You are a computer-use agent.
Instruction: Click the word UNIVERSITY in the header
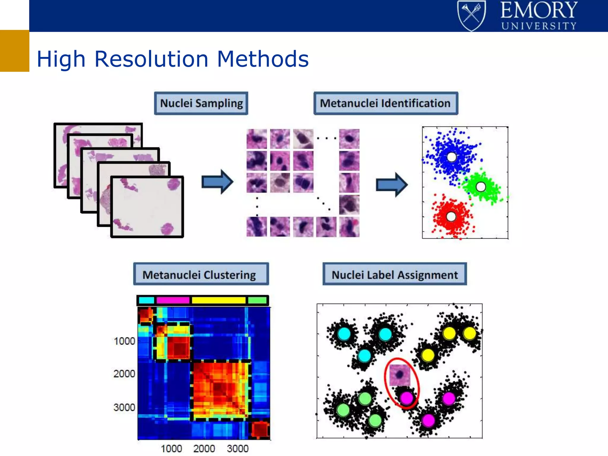(x=539, y=26)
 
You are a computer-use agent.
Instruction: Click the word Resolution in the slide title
(x=151, y=59)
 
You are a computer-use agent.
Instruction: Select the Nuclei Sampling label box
(x=201, y=103)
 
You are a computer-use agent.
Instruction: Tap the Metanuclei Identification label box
(x=385, y=103)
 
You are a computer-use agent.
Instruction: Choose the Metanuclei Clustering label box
(x=201, y=274)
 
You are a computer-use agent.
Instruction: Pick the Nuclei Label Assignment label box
(x=395, y=274)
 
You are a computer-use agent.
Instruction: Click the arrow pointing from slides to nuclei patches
(x=217, y=182)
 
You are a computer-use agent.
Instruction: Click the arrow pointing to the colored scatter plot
(x=392, y=185)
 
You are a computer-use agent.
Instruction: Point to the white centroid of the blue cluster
(x=452, y=157)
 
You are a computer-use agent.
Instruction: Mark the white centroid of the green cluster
(x=481, y=187)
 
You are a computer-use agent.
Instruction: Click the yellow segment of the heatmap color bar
(x=218, y=300)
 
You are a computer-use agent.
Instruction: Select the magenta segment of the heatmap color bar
(x=173, y=300)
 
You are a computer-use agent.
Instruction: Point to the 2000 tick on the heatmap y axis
(x=124, y=374)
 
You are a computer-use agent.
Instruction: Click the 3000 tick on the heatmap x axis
(x=237, y=448)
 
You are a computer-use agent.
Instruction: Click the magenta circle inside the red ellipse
(x=406, y=398)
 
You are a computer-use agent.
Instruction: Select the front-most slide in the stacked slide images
(x=147, y=207)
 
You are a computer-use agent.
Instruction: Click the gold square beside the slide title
(x=15, y=51)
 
